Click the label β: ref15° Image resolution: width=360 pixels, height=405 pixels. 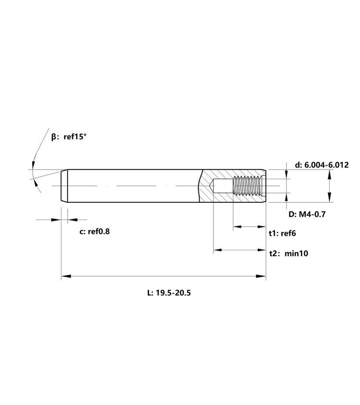69,136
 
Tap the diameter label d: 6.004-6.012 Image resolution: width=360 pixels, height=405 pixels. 322,165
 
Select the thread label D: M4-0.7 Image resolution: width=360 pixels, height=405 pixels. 307,214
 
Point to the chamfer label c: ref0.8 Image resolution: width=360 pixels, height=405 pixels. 95,232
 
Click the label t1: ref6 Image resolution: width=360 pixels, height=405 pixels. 282,233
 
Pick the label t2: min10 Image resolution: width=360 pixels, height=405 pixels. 289,253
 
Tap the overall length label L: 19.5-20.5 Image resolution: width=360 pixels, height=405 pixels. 169,293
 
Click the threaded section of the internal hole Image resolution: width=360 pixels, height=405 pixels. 247,185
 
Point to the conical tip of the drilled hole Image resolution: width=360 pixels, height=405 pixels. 211,186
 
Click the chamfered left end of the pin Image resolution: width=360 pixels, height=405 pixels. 64,186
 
